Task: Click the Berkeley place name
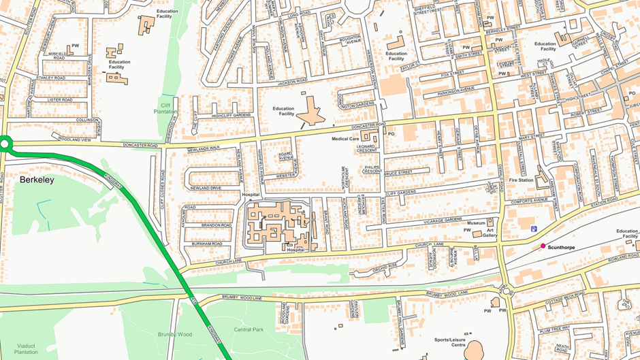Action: (x=37, y=180)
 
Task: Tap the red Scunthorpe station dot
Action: (x=543, y=246)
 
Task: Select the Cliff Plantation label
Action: (x=165, y=109)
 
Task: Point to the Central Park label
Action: (x=248, y=329)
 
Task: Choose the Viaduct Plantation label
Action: (x=26, y=348)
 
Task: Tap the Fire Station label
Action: (x=522, y=180)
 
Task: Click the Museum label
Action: (x=476, y=223)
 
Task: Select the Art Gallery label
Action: (x=491, y=232)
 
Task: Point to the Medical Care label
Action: (x=345, y=139)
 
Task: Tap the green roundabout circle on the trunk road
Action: (x=5, y=144)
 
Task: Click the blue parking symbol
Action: (x=533, y=229)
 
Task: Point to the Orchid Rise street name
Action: (x=385, y=266)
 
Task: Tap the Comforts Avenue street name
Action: (x=530, y=200)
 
